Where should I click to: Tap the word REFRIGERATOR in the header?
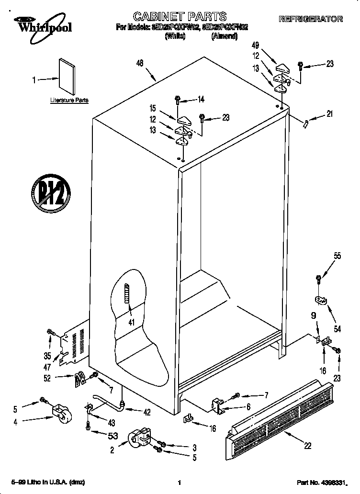click(x=311, y=19)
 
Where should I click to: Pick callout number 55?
click(x=337, y=256)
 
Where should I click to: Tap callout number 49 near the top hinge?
click(x=255, y=45)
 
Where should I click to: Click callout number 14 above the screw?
click(x=201, y=100)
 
